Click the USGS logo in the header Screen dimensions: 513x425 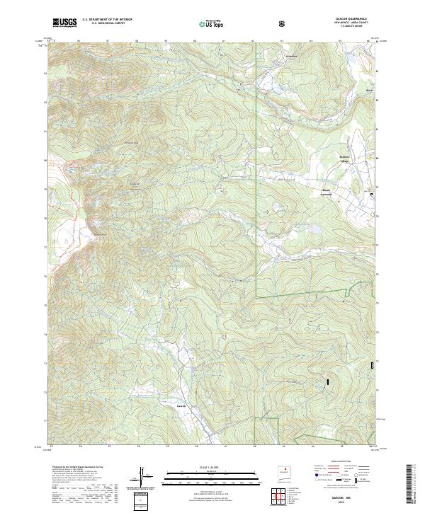pyautogui.click(x=64, y=23)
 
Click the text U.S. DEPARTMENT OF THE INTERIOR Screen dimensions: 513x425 pyautogui.click(x=107, y=21)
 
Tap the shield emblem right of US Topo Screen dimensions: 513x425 pyautogui.click(x=283, y=23)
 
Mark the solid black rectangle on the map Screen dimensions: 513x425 pyautogui.click(x=328, y=382)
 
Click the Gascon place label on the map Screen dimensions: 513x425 pyautogui.click(x=181, y=408)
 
